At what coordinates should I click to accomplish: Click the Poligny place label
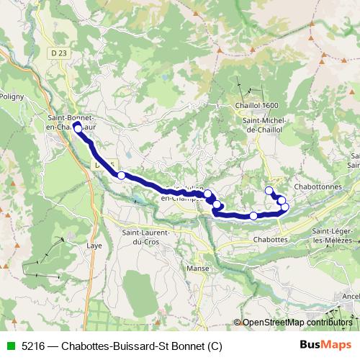12,96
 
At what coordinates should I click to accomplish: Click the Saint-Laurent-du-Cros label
145,237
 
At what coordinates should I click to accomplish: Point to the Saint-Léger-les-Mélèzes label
332,235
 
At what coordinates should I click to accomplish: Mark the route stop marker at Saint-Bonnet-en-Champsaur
77,125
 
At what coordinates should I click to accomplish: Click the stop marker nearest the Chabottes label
253,215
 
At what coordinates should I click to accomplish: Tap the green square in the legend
9,346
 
